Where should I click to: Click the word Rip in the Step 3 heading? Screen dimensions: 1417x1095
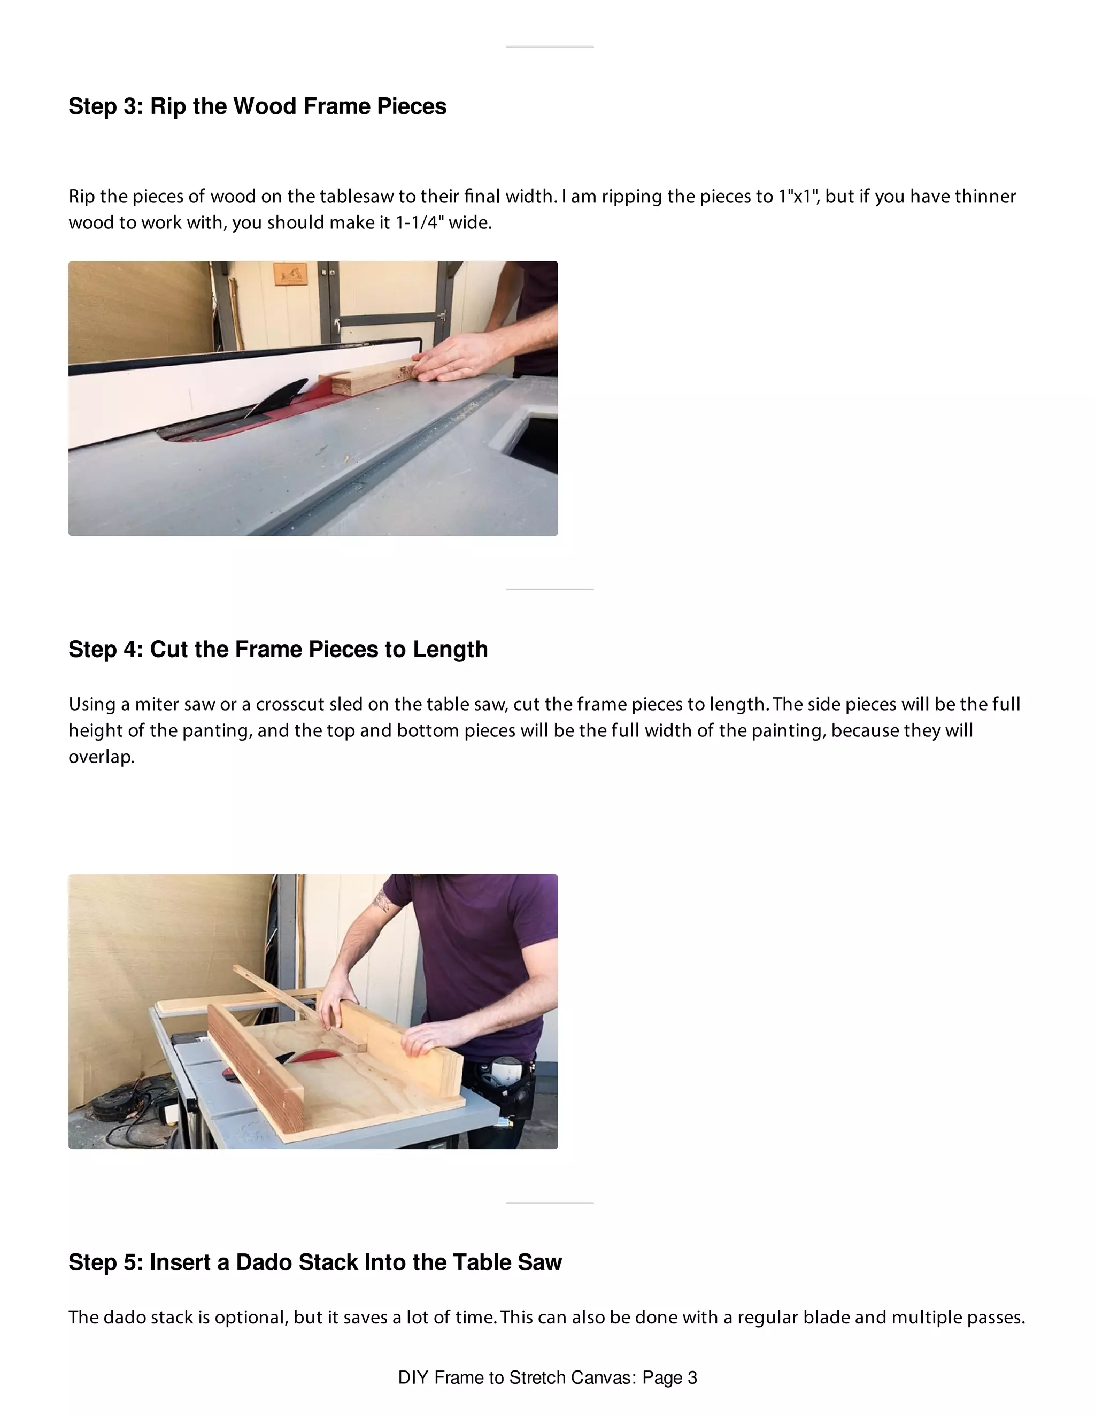tap(167, 106)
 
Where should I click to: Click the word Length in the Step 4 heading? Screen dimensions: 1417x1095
tap(450, 650)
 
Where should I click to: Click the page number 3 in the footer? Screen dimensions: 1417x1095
tap(692, 1378)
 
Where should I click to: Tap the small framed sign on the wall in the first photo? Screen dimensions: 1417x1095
tap(290, 274)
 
